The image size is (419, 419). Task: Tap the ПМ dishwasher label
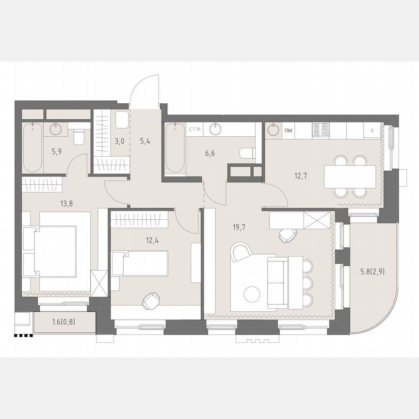pyautogui.click(x=289, y=129)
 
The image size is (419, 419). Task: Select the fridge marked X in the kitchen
pyautogui.click(x=372, y=130)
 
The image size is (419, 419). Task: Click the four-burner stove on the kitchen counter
pyautogui.click(x=320, y=129)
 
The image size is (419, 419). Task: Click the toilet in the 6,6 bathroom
pyautogui.click(x=247, y=154)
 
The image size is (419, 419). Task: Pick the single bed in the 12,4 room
pyautogui.click(x=140, y=263)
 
